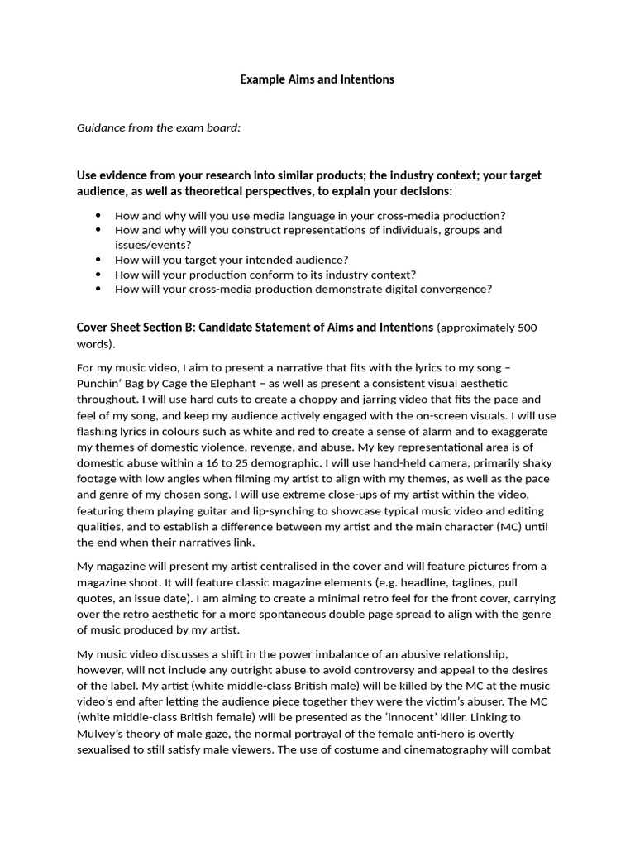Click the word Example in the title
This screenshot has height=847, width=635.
(260, 79)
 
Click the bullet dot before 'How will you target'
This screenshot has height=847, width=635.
(98, 260)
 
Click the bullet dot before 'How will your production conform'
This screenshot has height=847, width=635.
(98, 275)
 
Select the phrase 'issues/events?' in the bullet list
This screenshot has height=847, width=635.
(153, 245)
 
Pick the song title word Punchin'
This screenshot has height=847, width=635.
(98, 383)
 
